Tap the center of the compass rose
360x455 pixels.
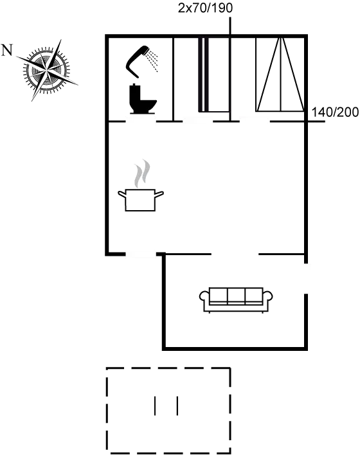tap(47, 67)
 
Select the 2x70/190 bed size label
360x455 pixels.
tap(204, 8)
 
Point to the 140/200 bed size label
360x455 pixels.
tap(334, 112)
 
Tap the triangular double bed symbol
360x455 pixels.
tap(280, 77)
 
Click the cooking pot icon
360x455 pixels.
tap(139, 199)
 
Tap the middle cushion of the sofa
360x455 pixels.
tap(237, 296)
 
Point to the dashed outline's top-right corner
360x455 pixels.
tap(230, 368)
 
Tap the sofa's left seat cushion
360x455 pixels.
tap(220, 296)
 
